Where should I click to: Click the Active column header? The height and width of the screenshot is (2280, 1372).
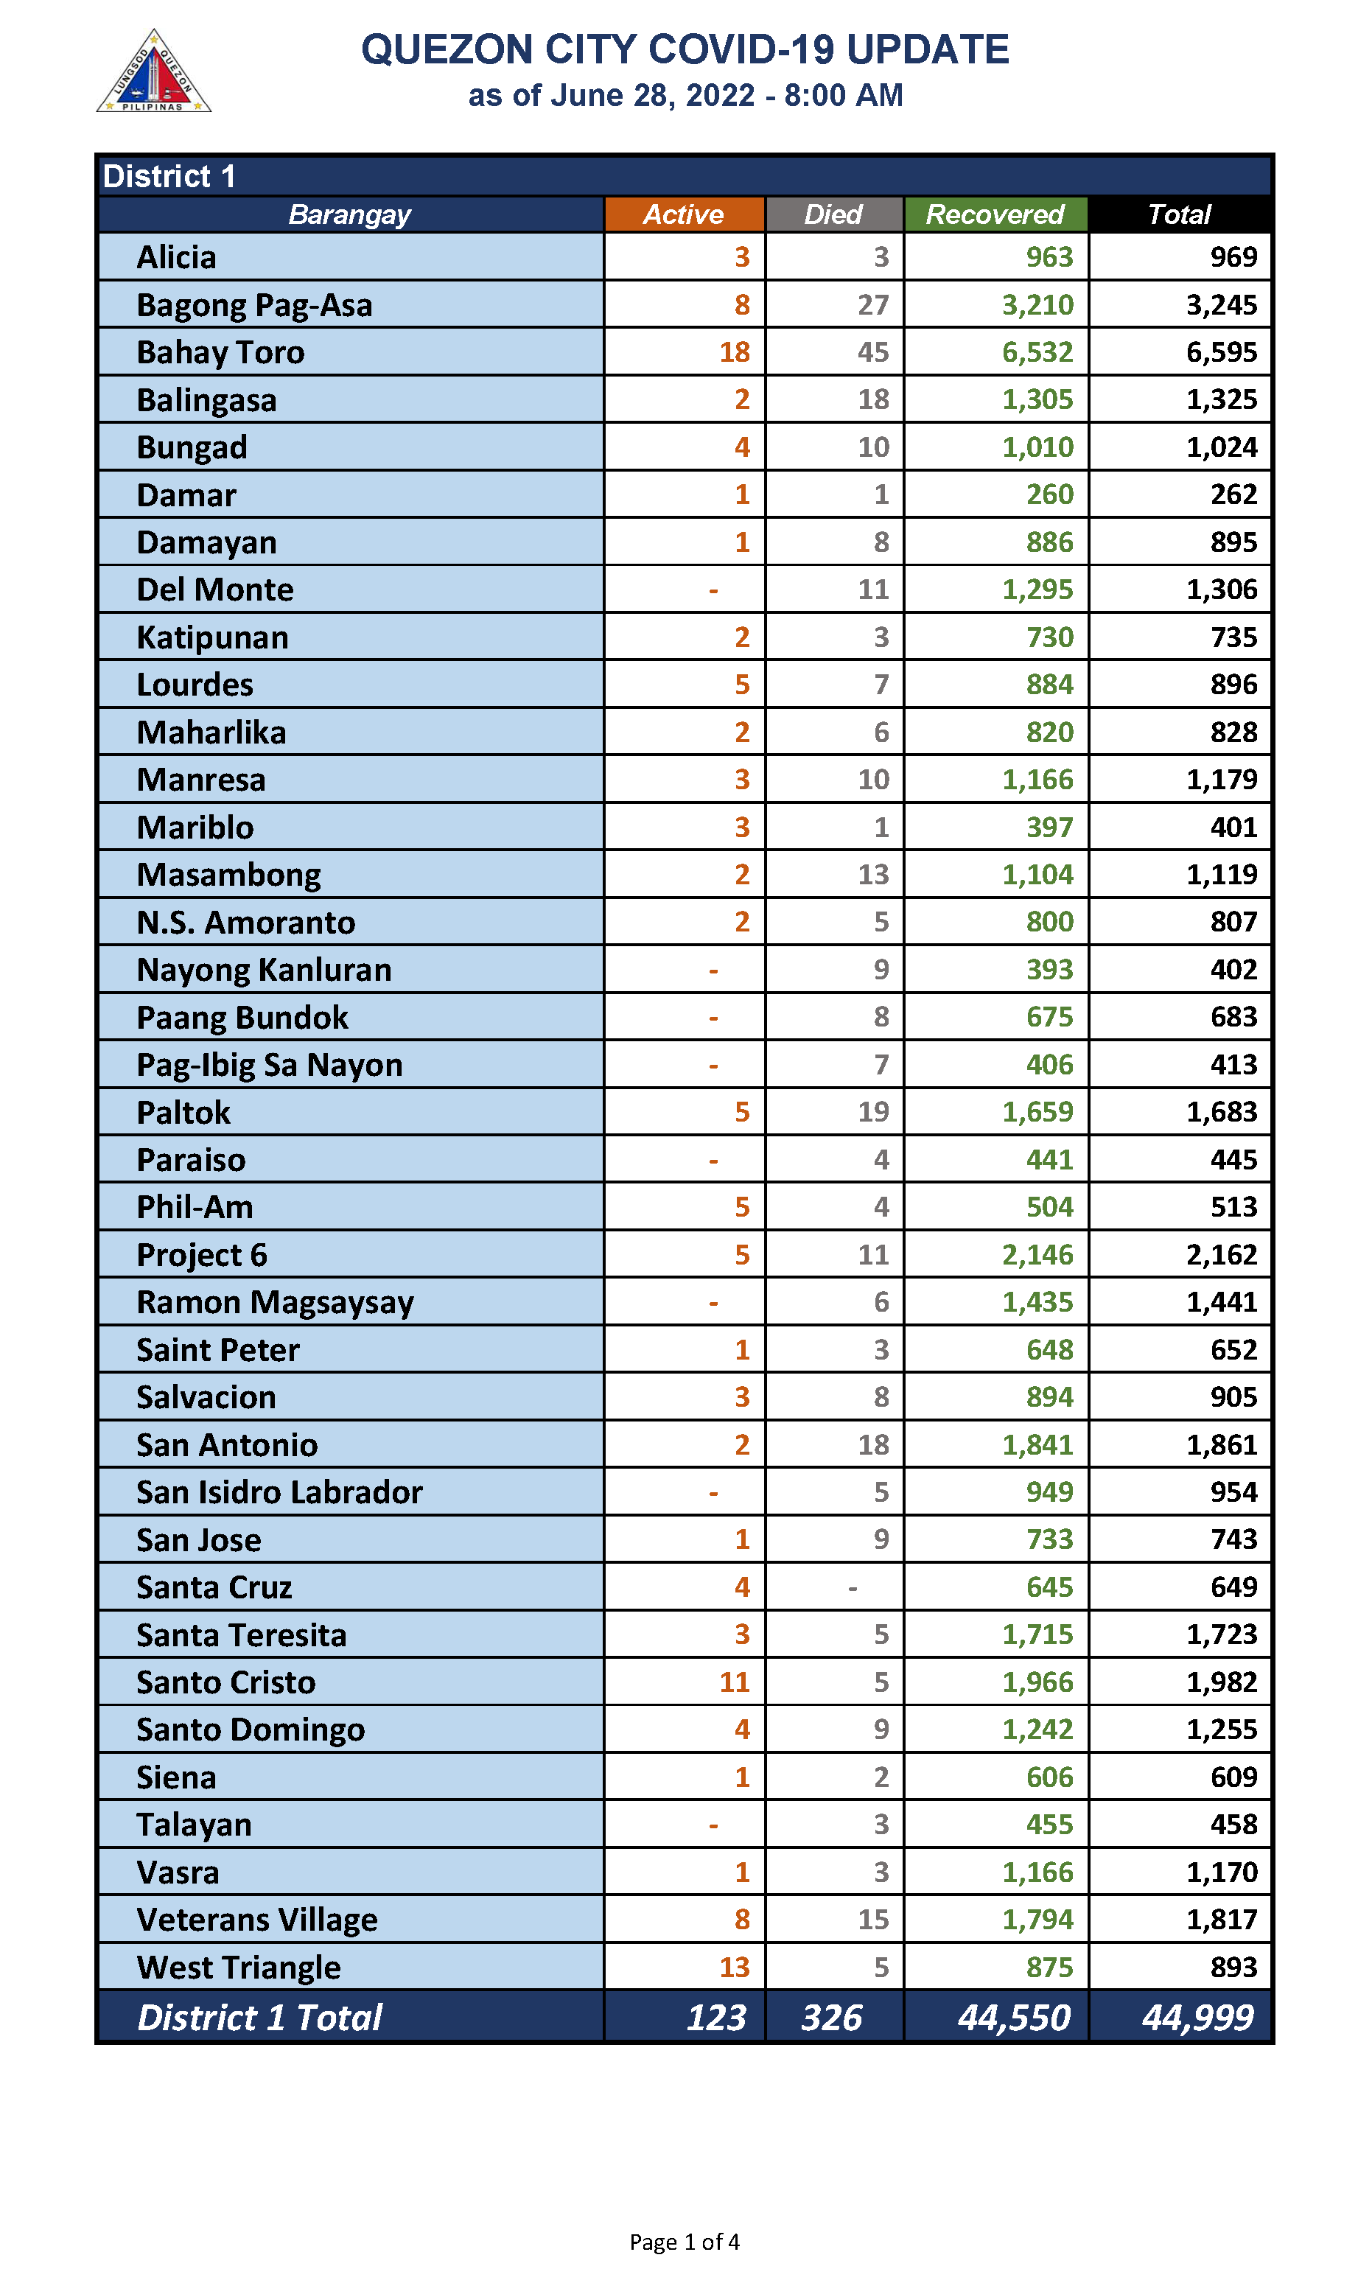(683, 214)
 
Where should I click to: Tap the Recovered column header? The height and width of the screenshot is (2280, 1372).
(995, 214)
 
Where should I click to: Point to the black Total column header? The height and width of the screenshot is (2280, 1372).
(1179, 214)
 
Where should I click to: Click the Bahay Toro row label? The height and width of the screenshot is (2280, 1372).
(220, 352)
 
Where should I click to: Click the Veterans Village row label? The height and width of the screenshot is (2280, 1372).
(257, 1920)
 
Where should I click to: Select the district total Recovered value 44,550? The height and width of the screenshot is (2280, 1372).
(1013, 2016)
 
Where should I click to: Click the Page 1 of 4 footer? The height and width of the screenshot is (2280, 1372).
(684, 2241)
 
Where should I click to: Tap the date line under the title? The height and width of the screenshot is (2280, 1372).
(685, 95)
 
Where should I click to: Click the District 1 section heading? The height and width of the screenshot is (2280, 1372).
(169, 175)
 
